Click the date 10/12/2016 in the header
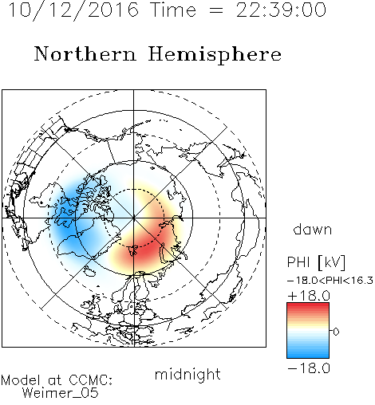coord(73,10)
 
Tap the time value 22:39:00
coord(281,10)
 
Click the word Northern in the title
coord(85,53)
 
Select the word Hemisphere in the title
coord(215,54)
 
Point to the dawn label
coord(313,229)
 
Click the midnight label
coord(187,374)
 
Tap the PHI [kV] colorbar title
coord(316,262)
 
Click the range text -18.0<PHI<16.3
coord(330,281)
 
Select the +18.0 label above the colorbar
coord(309,296)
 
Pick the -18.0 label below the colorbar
coord(309,368)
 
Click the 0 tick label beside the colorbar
coord(336,332)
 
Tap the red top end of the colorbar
coord(308,305)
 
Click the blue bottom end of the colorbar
coord(308,355)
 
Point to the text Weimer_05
coord(61,393)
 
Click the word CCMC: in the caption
coord(91,380)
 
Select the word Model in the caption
coord(21,380)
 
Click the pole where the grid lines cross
coord(134,218)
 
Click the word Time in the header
coord(173,10)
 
